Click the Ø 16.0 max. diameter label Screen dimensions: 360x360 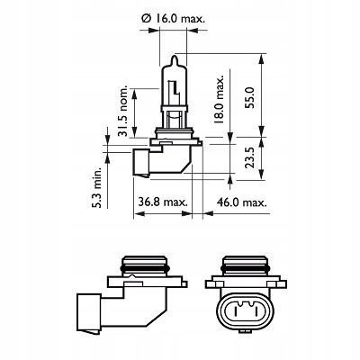(173, 20)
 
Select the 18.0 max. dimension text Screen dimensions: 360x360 (219, 99)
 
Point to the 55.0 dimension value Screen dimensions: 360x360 (250, 97)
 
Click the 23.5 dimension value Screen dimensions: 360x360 (250, 157)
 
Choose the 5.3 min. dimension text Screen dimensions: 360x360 (97, 188)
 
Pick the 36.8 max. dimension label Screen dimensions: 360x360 (163, 202)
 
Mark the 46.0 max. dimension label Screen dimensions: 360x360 (242, 202)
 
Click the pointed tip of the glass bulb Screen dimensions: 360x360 (174, 56)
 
